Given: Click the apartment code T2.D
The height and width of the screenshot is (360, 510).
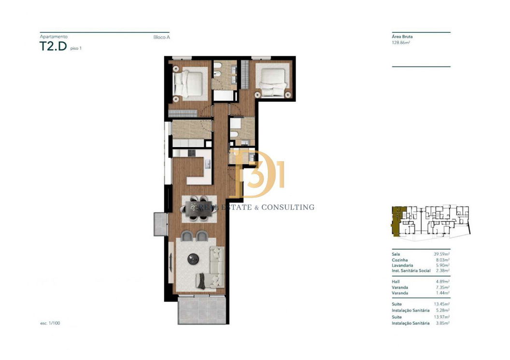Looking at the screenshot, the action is [x=53, y=46].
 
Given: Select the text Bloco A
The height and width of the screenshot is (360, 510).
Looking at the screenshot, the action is [x=162, y=37].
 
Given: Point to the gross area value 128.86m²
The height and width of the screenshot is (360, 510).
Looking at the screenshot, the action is [x=401, y=42].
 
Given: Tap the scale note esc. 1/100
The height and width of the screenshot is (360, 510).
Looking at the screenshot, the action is [x=50, y=323].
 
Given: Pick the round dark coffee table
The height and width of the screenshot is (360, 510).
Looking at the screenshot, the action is [x=193, y=259].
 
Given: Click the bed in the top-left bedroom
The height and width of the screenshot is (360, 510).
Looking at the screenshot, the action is [x=189, y=84].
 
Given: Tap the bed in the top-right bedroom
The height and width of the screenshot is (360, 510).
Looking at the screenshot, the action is [x=273, y=82].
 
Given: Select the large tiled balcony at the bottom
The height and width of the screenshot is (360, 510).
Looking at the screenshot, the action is [x=202, y=310].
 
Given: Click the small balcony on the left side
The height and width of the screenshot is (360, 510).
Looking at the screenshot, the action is [x=160, y=224].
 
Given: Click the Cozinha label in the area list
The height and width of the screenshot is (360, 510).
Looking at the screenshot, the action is [x=400, y=260].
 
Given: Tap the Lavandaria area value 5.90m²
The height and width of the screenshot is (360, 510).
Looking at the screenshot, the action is [x=443, y=265].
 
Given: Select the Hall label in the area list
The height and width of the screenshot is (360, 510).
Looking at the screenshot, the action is [x=396, y=282].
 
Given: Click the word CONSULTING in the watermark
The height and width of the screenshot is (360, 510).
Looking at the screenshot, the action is [x=288, y=207].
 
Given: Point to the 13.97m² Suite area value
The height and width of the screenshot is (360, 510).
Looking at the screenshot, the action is [x=442, y=317].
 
